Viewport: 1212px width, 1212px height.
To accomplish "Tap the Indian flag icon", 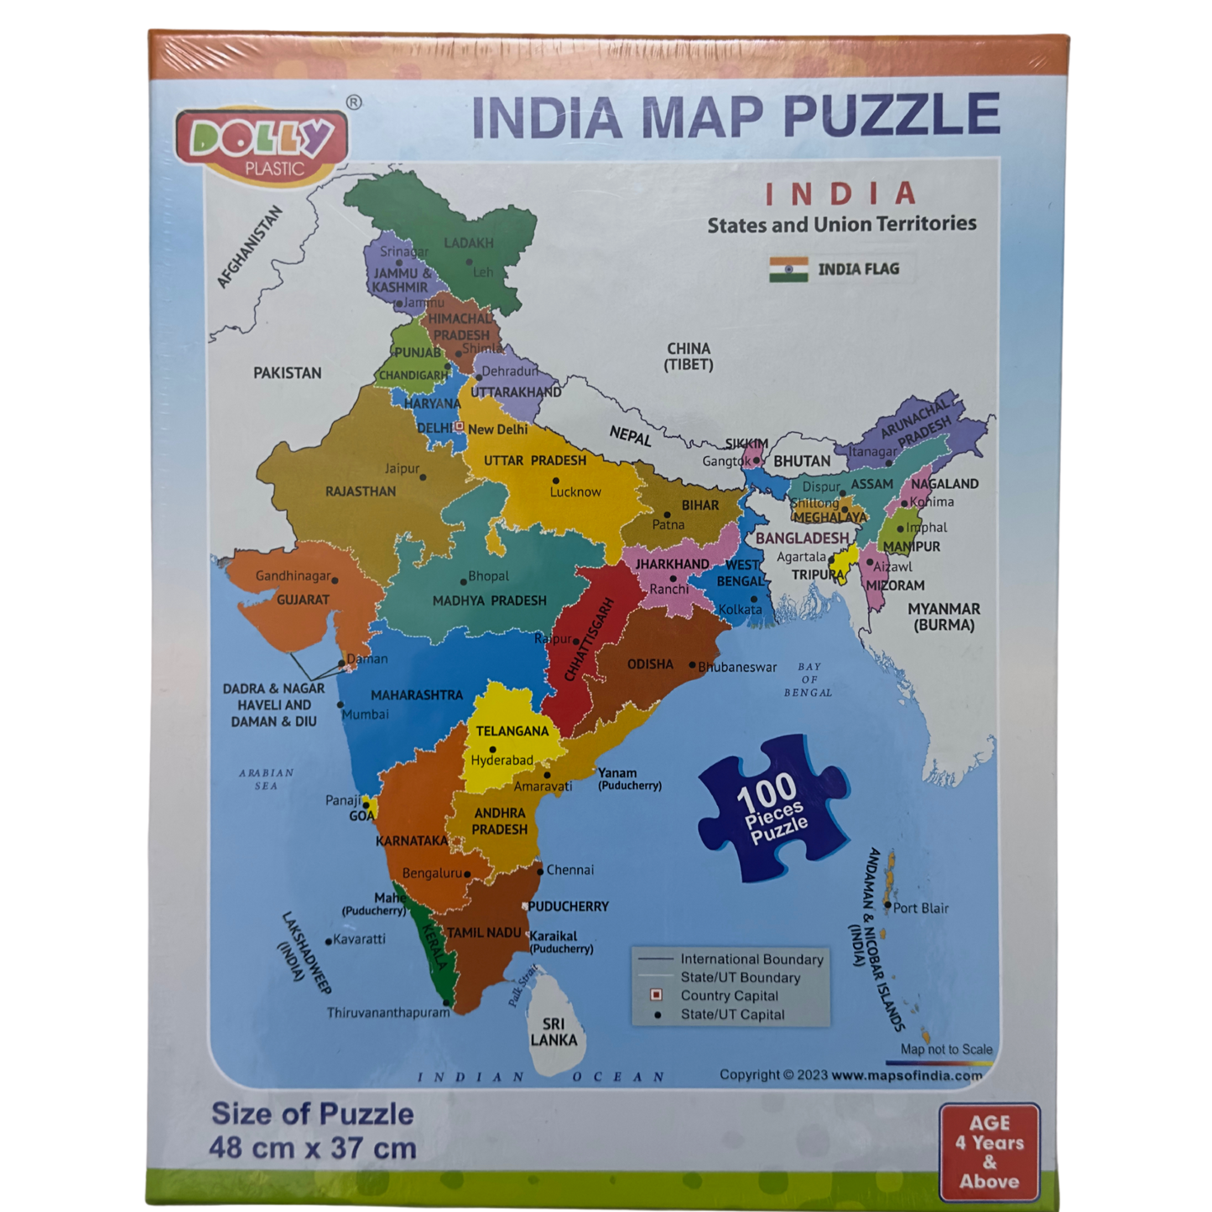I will tap(788, 269).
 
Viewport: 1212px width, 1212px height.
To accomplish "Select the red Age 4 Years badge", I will tap(990, 1152).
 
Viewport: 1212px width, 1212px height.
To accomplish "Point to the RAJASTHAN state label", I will tap(361, 492).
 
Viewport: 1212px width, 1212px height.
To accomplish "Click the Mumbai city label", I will tap(366, 715).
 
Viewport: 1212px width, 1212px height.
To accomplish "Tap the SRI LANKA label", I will tap(554, 1033).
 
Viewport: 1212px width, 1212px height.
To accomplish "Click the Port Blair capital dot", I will tap(887, 905).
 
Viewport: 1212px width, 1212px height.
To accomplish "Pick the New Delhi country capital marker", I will tap(460, 427).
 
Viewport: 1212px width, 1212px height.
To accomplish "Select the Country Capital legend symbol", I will tap(657, 996).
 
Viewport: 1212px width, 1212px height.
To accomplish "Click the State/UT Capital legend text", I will tap(732, 1015).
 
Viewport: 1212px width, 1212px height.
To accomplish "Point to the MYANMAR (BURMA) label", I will tap(944, 616).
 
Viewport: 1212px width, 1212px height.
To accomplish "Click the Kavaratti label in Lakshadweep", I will tap(359, 939).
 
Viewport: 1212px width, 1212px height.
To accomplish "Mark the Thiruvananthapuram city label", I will tap(388, 1013).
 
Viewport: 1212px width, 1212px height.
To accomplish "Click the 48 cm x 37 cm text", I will tap(312, 1148).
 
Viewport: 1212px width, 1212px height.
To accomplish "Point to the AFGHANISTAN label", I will tap(250, 247).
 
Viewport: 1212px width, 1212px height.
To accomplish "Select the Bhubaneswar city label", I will tap(738, 668).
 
